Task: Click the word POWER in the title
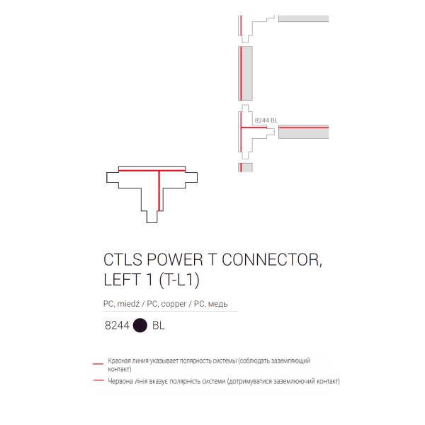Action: [175, 260]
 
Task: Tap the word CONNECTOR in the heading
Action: [272, 260]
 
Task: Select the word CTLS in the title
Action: [123, 260]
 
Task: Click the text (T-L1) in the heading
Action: [179, 280]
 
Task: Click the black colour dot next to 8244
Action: [140, 325]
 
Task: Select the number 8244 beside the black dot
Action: [117, 326]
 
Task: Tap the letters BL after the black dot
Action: [159, 326]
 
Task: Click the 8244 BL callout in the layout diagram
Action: [266, 120]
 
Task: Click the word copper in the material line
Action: [174, 304]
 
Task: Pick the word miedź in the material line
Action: [128, 304]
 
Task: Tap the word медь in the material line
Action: [217, 304]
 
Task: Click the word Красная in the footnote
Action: [118, 361]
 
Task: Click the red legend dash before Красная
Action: [98, 363]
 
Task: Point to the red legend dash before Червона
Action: [98, 380]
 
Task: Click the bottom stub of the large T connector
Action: [152, 217]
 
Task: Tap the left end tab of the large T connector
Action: [113, 177]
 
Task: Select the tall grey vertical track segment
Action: [245, 73]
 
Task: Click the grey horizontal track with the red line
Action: [304, 132]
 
